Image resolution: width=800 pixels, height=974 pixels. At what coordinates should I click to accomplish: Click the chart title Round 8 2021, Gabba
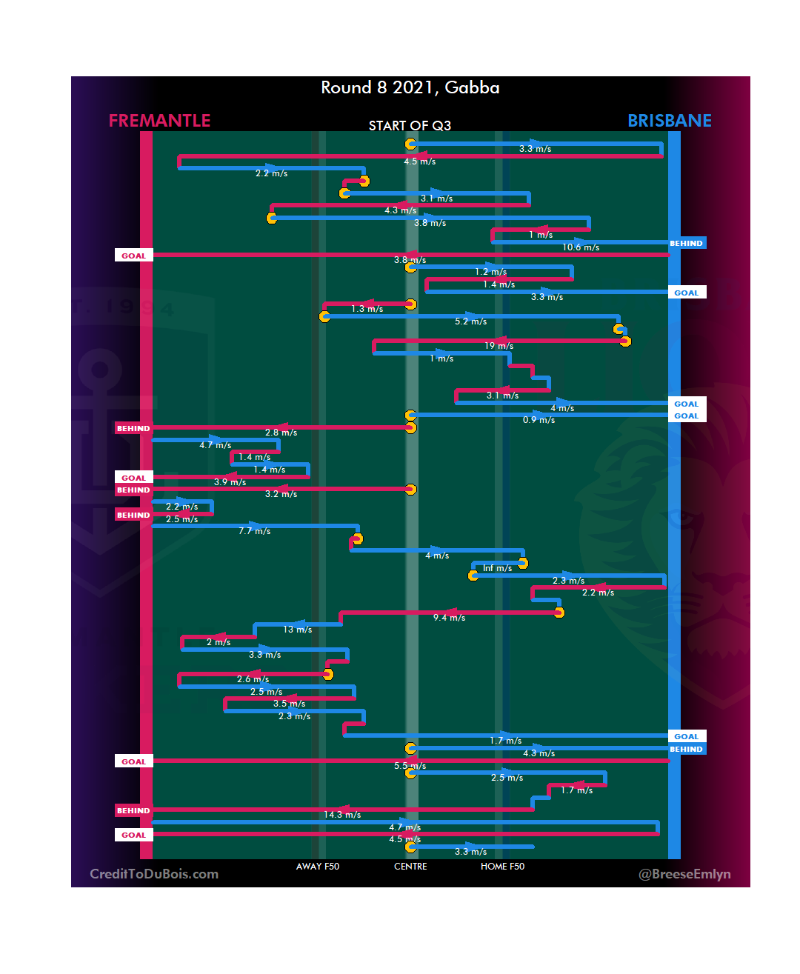pyautogui.click(x=410, y=87)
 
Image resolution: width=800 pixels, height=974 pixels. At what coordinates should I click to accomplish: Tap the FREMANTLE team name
pyautogui.click(x=159, y=121)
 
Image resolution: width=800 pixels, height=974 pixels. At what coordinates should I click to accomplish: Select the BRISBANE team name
pyautogui.click(x=669, y=121)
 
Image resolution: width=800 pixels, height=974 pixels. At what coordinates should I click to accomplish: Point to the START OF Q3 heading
pyautogui.click(x=410, y=126)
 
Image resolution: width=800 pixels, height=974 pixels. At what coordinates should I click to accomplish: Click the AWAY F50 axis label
pyautogui.click(x=317, y=867)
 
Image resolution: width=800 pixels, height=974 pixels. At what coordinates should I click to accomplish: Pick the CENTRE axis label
pyautogui.click(x=410, y=867)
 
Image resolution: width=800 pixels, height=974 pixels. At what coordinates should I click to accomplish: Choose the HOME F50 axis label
pyautogui.click(x=502, y=867)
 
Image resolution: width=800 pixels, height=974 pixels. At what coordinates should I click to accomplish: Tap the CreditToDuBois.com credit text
pyautogui.click(x=154, y=874)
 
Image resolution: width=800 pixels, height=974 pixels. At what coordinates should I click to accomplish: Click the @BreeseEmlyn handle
pyautogui.click(x=684, y=874)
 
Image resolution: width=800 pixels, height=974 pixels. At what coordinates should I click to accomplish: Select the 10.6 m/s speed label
pyautogui.click(x=581, y=247)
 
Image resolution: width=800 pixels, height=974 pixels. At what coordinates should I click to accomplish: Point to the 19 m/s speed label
pyautogui.click(x=499, y=346)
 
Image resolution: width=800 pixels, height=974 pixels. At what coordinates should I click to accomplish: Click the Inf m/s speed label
pyautogui.click(x=497, y=568)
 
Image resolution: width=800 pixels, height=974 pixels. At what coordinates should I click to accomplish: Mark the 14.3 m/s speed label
pyautogui.click(x=342, y=815)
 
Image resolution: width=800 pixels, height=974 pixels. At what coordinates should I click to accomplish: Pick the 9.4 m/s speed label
pyautogui.click(x=449, y=618)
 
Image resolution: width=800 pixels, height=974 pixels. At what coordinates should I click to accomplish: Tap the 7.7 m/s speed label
pyautogui.click(x=254, y=531)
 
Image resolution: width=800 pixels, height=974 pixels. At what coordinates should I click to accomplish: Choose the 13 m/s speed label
pyautogui.click(x=297, y=630)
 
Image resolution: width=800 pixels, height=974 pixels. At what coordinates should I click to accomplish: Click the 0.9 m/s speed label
pyautogui.click(x=539, y=420)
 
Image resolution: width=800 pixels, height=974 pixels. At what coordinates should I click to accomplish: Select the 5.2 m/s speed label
pyautogui.click(x=470, y=321)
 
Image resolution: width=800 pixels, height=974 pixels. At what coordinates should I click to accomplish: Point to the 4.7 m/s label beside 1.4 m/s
pyautogui.click(x=215, y=445)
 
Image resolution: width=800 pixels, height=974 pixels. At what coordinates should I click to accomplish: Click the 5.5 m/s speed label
pyautogui.click(x=410, y=766)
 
